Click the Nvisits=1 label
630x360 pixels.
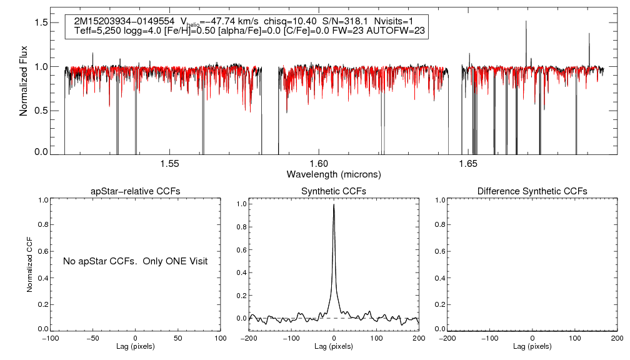click(x=396, y=21)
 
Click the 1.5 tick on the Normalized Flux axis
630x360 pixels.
click(x=41, y=22)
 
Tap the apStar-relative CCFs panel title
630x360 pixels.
click(x=136, y=191)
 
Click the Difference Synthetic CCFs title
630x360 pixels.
click(x=532, y=191)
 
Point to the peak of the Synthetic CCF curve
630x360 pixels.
click(x=334, y=205)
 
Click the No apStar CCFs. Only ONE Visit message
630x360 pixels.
click(x=135, y=261)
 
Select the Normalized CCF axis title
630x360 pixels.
click(x=29, y=264)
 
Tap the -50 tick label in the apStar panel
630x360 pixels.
click(x=93, y=338)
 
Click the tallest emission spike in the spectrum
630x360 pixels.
click(x=526, y=22)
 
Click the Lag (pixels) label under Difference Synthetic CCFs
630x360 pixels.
click(x=532, y=346)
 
